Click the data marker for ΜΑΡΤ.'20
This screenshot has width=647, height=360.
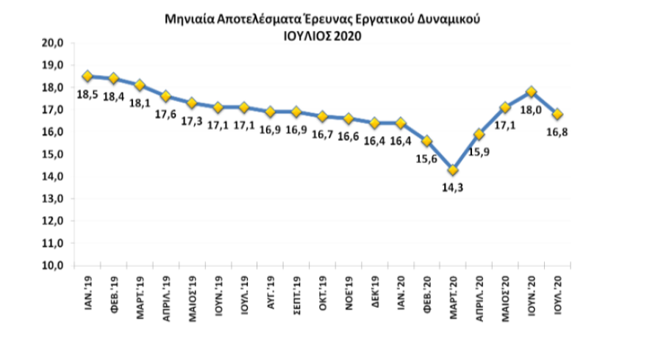coord(453,170)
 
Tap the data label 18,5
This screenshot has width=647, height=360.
coord(88,93)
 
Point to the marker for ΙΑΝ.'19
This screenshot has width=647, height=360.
coord(87,76)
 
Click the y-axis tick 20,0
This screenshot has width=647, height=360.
coord(56,43)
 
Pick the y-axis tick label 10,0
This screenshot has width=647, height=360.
coord(56,265)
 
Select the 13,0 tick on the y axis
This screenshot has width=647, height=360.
coord(56,199)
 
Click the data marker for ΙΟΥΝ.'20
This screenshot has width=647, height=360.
coord(531,92)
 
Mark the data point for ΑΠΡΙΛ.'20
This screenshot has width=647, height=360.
coord(479,134)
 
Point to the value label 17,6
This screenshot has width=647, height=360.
coord(165,114)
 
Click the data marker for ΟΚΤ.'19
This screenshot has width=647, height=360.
coord(322,116)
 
